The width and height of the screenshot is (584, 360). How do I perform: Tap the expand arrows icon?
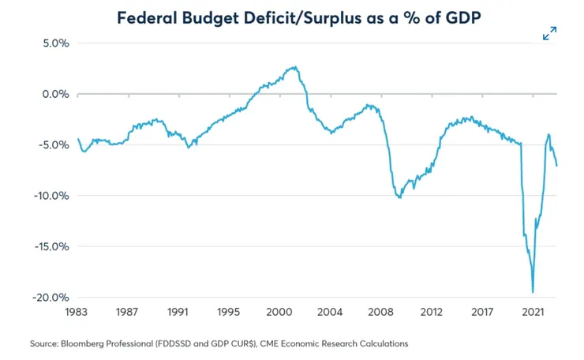tap(550, 33)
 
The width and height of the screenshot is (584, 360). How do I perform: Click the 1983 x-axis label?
tap(77, 313)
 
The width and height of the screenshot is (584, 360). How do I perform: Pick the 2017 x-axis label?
tap(481, 313)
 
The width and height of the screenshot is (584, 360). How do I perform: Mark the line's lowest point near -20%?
tap(533, 292)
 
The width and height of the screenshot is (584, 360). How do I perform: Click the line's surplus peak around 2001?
tap(294, 67)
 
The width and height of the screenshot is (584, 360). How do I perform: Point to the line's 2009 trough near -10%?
tap(400, 197)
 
